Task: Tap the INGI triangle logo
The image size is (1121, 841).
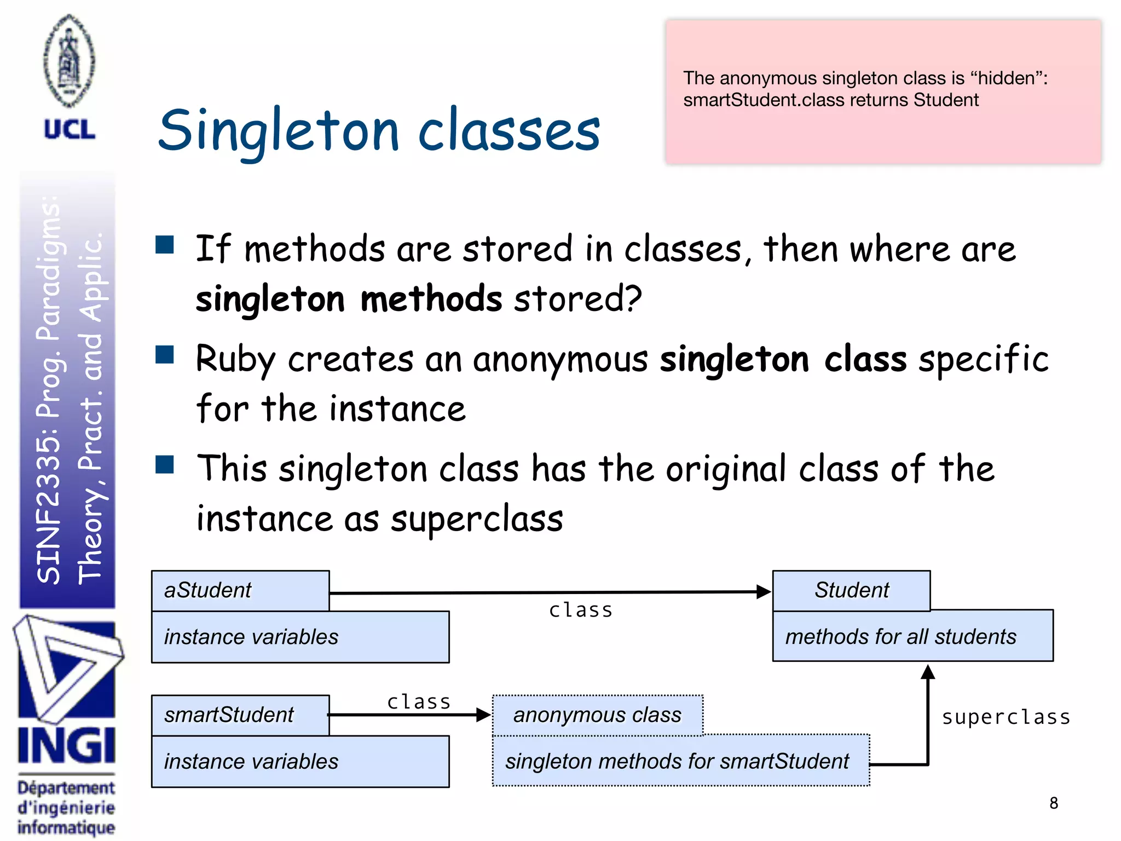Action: click(x=67, y=668)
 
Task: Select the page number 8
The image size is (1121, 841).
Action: click(x=1054, y=803)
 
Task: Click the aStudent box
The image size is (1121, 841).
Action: click(x=240, y=590)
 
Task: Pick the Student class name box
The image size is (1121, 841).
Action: click(x=851, y=590)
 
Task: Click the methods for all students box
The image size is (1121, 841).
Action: click(x=912, y=636)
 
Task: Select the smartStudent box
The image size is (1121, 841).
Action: click(x=240, y=715)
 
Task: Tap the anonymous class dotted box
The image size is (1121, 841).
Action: click(x=597, y=715)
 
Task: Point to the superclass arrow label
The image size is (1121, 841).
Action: click(x=1006, y=717)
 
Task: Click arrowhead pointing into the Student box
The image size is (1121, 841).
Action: click(x=763, y=591)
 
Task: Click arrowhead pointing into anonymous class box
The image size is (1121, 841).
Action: click(x=483, y=715)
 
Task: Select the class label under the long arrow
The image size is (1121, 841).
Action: click(x=581, y=610)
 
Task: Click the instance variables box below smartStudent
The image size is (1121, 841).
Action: click(x=300, y=762)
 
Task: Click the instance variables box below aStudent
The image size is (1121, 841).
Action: click(x=300, y=637)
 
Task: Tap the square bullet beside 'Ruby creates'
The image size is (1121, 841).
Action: click(x=165, y=355)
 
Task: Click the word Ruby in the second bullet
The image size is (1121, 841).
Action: click(x=235, y=360)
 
